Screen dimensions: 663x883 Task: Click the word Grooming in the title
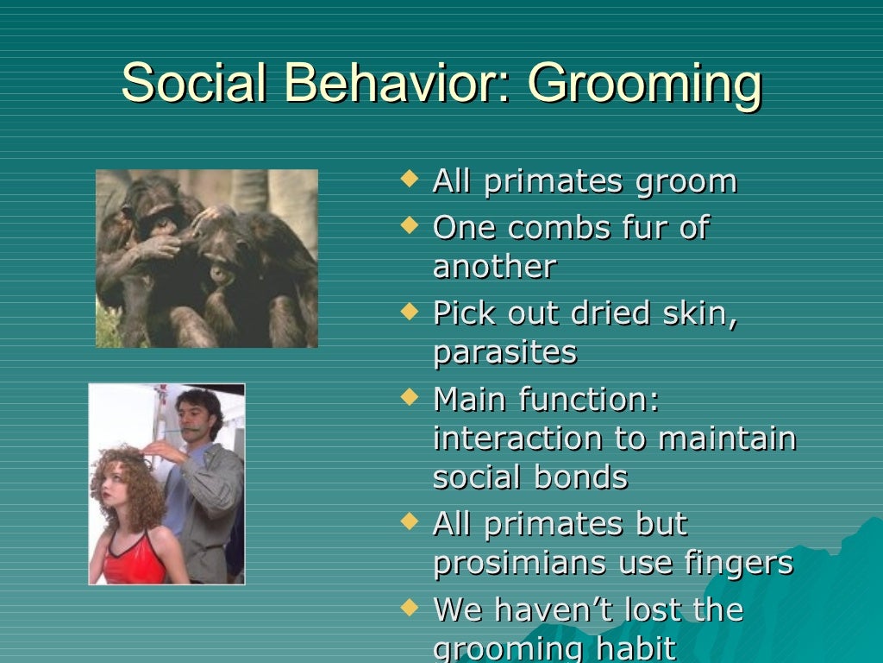[x=644, y=85]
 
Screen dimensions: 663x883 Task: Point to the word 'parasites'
[x=504, y=352]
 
